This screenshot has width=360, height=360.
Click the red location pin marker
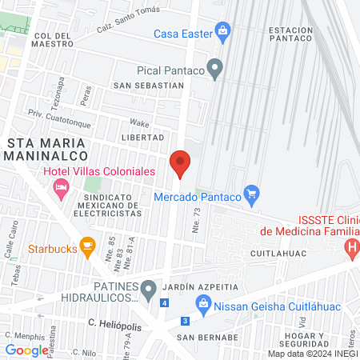point(181,164)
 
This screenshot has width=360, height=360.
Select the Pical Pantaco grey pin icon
point(214,69)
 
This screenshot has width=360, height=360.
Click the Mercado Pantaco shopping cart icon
point(252,193)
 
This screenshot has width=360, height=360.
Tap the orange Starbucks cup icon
point(89,245)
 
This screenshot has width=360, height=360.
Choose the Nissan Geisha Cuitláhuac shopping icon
point(203,303)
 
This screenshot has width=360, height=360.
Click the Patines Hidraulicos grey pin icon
point(148,287)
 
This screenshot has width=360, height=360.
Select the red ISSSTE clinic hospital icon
point(351,249)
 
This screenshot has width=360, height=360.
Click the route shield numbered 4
point(164,303)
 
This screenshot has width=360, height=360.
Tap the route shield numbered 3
point(186,321)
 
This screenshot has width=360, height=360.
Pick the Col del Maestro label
point(54,40)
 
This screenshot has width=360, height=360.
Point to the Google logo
point(26,350)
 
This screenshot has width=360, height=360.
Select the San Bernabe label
point(207,337)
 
